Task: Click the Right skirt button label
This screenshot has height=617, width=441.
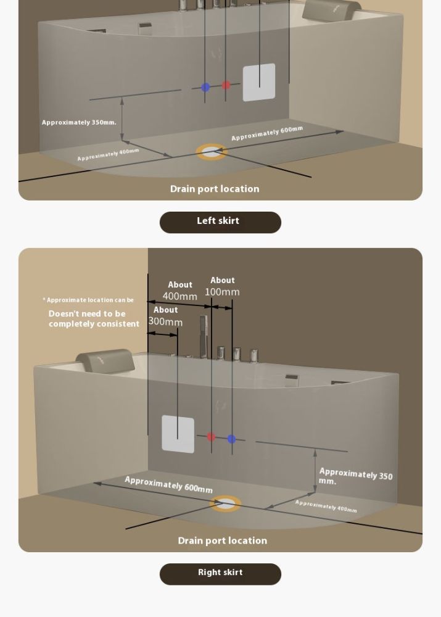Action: (x=220, y=573)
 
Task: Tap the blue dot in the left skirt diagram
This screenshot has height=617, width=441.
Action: (x=205, y=88)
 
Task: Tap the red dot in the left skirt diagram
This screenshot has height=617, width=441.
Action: (x=226, y=85)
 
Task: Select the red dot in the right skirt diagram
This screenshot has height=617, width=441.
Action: (x=211, y=437)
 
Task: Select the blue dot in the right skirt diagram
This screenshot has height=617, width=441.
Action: (x=231, y=439)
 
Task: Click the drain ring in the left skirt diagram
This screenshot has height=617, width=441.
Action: (x=212, y=152)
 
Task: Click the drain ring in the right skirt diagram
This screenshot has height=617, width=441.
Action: (x=225, y=503)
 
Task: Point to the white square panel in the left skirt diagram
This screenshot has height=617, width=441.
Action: (x=259, y=82)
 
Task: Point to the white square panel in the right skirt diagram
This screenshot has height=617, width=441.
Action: (x=178, y=434)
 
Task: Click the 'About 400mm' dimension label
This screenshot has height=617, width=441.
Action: (x=180, y=291)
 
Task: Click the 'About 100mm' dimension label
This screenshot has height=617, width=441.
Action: (x=222, y=286)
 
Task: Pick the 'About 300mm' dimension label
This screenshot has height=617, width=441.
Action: (x=165, y=317)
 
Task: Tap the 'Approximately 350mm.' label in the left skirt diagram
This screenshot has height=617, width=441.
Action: (x=79, y=123)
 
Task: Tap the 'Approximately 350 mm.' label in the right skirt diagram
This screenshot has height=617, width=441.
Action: (x=355, y=476)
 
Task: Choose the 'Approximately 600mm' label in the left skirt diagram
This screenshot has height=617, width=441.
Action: (x=267, y=133)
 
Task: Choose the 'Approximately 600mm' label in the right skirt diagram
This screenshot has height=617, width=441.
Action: (x=168, y=485)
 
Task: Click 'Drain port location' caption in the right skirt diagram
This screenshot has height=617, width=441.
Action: (x=222, y=541)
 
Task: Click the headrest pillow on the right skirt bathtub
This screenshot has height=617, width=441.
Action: (x=105, y=361)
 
